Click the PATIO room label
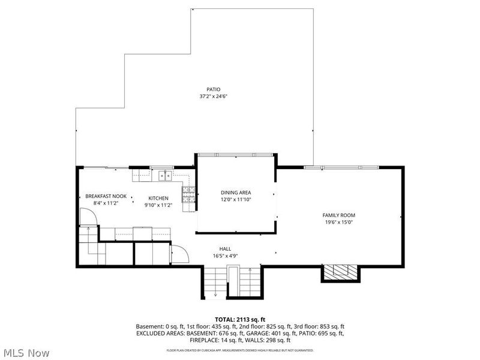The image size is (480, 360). coord(214,89)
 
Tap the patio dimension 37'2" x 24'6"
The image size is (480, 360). coord(214,97)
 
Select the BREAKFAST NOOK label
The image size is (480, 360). coord(106,196)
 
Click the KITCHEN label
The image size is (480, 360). coord(158,199)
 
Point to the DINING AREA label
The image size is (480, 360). coord(236,193)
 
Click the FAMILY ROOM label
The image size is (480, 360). coord(339,215)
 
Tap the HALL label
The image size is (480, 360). coord(225,249)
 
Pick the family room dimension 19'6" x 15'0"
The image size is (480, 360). coord(339,223)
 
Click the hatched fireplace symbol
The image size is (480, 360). coord(341,272)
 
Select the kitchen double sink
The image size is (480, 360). coord(165,176)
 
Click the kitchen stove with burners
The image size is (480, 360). coord(188,194)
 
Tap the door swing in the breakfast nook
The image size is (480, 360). coord(88,217)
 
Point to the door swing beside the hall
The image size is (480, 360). coord(181,254)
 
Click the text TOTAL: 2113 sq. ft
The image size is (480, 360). coord(240,320)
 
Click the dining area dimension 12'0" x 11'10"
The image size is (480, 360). coord(236,200)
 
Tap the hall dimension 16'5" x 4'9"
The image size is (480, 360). coord(226,256)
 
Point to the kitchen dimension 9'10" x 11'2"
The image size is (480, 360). coord(158,205)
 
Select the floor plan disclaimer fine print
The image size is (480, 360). coord(240,350)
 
